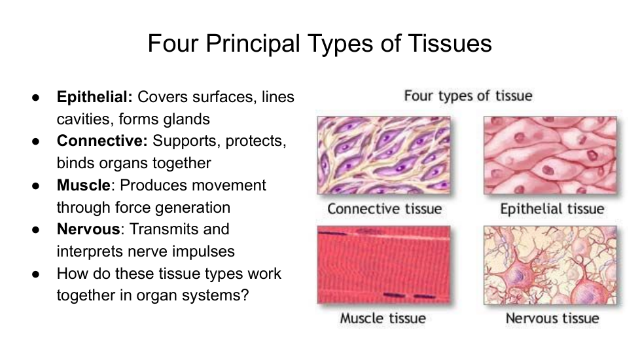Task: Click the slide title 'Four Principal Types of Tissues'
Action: point(319,43)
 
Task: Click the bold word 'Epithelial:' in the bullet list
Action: point(95,97)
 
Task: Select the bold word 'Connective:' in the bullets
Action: point(102,141)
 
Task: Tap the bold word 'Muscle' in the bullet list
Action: point(83,185)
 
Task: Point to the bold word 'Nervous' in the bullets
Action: point(88,229)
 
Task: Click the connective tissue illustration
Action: point(383,155)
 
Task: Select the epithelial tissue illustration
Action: point(550,155)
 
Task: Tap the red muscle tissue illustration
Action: point(383,265)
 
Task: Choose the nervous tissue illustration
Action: point(550,265)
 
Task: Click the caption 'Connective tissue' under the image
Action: point(385,209)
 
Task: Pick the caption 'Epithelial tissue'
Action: point(552,209)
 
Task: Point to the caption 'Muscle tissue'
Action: point(383,318)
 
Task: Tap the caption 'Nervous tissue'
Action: point(552,318)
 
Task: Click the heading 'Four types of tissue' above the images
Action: point(468,96)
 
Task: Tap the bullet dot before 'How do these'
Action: point(36,274)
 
